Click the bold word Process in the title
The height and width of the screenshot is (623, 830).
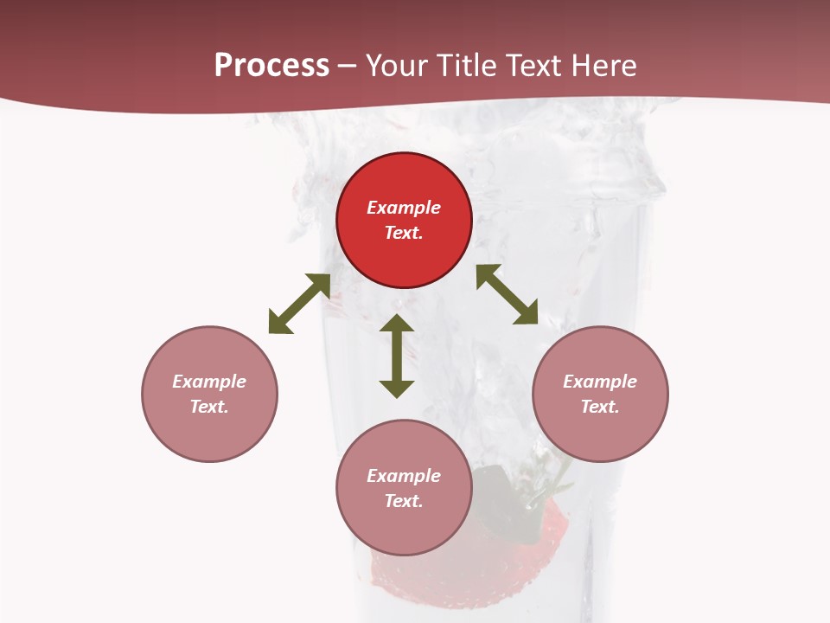[x=271, y=66]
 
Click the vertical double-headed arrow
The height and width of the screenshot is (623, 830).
[x=397, y=356]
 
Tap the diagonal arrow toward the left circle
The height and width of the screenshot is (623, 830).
[x=299, y=304]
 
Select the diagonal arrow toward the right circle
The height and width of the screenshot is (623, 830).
[x=507, y=295]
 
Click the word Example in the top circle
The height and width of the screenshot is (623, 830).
[x=404, y=208]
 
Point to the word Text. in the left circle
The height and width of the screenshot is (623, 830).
[x=209, y=407]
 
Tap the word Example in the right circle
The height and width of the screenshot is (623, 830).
[x=600, y=382]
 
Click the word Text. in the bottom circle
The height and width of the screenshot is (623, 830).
[x=404, y=501]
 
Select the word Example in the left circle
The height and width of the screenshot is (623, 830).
[x=209, y=382]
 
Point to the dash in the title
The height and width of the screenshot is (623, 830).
[x=348, y=66]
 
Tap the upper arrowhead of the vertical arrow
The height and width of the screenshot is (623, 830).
[x=397, y=324]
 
